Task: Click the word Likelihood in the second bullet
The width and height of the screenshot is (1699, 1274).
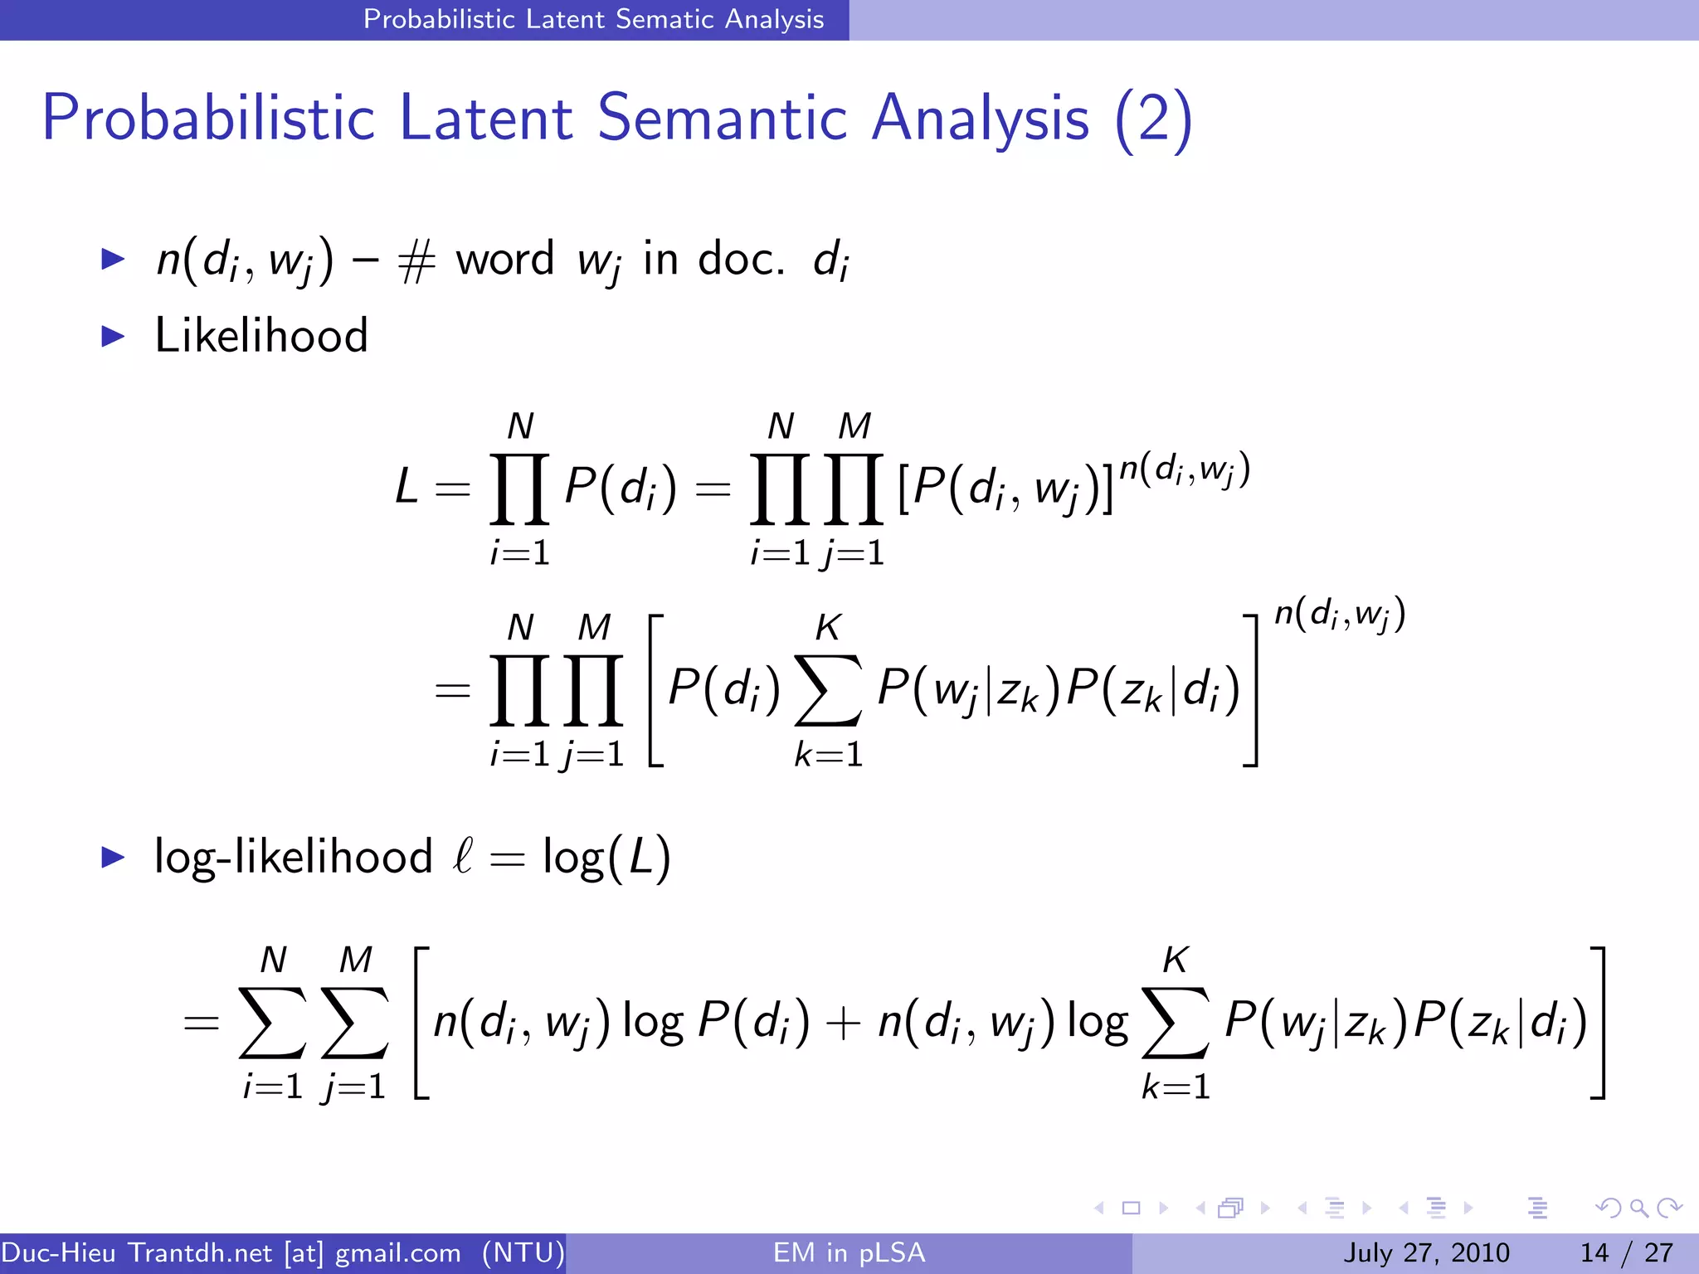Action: [261, 336]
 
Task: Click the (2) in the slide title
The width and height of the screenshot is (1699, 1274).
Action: [1153, 119]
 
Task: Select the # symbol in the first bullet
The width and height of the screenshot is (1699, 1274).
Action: [416, 262]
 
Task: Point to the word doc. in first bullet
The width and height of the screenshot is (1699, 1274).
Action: [741, 259]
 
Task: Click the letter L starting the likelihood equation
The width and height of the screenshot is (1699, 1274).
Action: [406, 486]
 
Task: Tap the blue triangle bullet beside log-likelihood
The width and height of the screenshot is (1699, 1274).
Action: [113, 857]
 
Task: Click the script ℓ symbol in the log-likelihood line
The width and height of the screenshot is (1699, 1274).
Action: [463, 855]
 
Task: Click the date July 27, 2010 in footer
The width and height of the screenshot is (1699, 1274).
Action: [1426, 1252]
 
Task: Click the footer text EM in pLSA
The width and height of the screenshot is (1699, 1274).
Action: [849, 1252]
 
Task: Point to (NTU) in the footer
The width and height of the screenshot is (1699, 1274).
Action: [523, 1252]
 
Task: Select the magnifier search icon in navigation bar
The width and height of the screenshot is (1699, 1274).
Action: [1638, 1208]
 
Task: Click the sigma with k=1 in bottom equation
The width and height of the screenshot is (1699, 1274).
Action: [1176, 1023]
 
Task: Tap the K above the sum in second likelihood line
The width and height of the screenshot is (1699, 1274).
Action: [828, 628]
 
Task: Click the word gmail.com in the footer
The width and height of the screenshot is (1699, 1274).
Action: [397, 1252]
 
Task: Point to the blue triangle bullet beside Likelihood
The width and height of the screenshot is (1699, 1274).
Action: [113, 336]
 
